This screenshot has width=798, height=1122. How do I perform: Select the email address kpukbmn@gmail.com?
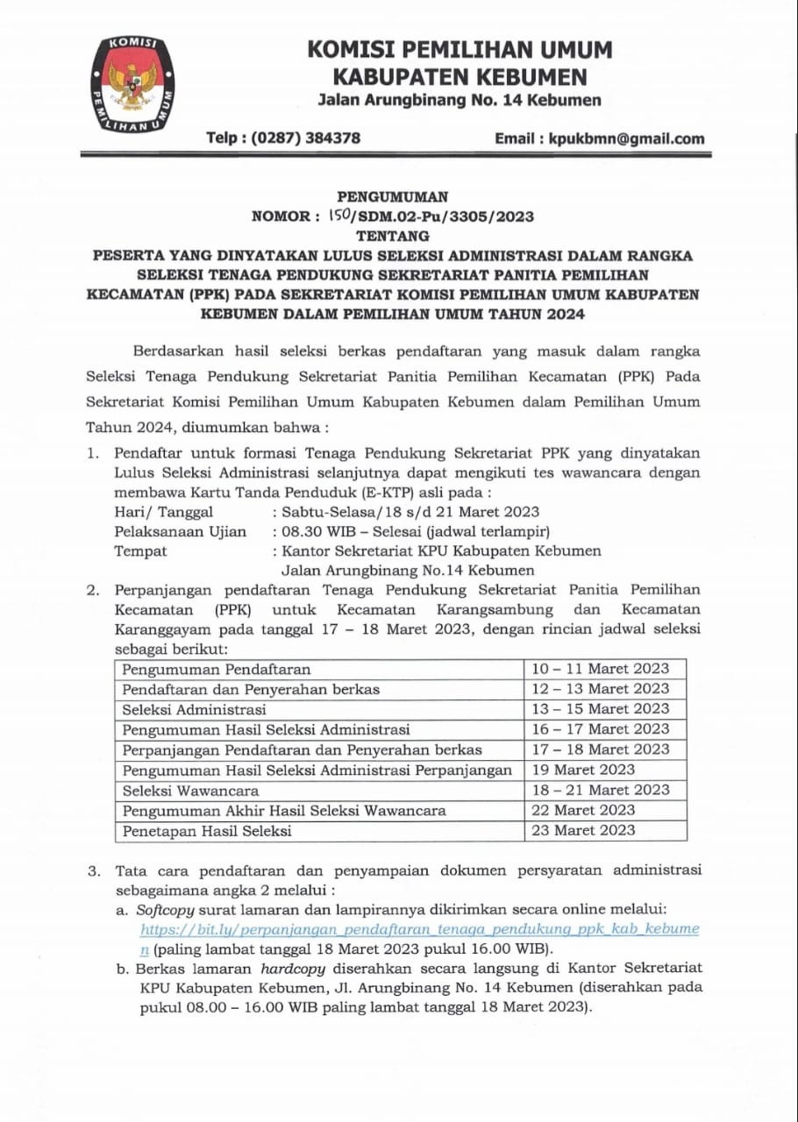click(626, 138)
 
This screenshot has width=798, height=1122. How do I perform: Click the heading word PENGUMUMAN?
click(393, 197)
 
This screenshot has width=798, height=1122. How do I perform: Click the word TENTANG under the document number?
click(393, 236)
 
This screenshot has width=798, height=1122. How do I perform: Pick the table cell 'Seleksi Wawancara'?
click(191, 791)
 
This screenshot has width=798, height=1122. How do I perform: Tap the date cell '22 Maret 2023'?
click(583, 810)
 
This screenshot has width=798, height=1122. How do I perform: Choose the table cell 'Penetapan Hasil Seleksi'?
click(207, 831)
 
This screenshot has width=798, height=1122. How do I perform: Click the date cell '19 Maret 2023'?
click(583, 770)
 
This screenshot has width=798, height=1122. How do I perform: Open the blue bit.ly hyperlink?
click(419, 929)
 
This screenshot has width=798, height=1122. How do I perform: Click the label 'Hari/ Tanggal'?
click(164, 512)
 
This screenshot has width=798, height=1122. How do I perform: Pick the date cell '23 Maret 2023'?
click(583, 830)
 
